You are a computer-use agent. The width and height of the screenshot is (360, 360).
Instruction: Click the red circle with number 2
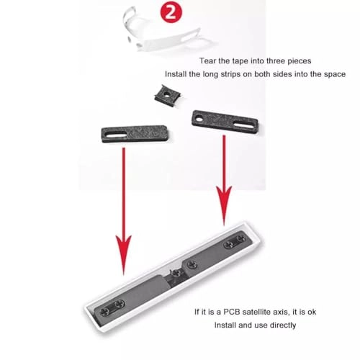[x=171, y=12]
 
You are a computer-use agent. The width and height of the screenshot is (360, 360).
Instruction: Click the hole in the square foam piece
[x=166, y=94]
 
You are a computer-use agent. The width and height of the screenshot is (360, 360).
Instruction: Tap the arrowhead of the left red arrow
[x=124, y=255]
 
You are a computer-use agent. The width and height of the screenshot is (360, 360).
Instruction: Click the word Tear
[x=207, y=61]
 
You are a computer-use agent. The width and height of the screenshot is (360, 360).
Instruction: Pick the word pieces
[x=300, y=61]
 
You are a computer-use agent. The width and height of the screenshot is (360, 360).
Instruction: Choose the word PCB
[x=232, y=312]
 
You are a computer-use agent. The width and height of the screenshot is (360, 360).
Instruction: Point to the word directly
[x=283, y=325]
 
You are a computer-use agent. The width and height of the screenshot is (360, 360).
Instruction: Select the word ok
[x=312, y=312]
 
